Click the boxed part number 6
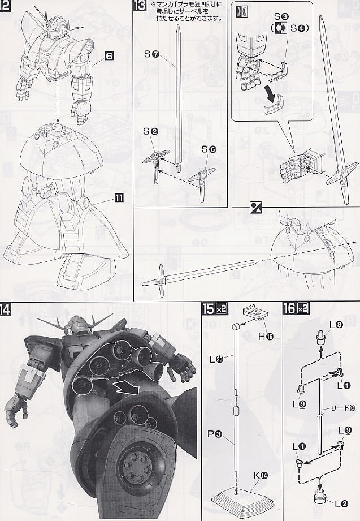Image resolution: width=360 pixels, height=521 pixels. click(109, 57)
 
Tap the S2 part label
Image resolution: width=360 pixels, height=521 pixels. click(150, 131)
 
